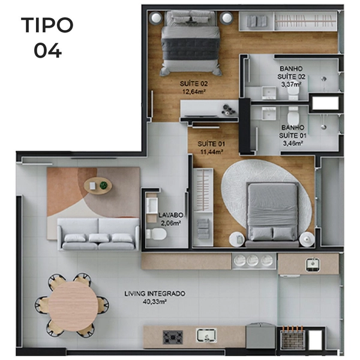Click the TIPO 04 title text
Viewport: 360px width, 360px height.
click(47, 37)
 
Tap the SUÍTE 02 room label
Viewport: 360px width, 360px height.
click(194, 84)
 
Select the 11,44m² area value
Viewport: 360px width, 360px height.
click(212, 152)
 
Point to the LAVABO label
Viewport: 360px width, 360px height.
click(171, 215)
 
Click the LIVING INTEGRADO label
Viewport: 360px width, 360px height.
click(155, 293)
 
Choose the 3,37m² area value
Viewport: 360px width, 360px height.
click(292, 85)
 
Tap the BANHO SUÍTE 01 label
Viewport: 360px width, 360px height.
click(293, 131)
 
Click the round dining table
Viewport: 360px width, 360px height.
click(73, 306)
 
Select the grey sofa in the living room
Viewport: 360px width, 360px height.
click(98, 234)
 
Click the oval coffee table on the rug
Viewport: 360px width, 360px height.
click(98, 186)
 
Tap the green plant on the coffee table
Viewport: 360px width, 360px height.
click(104, 185)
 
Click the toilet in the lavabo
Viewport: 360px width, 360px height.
click(157, 234)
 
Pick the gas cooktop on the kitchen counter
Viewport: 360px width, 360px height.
click(173, 337)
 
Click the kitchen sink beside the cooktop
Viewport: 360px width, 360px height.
click(206, 335)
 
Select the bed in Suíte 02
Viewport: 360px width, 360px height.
click(190, 43)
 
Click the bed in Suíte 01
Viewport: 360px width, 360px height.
click(272, 215)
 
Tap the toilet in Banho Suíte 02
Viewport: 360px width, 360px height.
click(293, 94)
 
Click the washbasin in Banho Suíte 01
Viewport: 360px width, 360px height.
click(269, 113)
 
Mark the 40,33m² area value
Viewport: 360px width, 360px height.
click(155, 302)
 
